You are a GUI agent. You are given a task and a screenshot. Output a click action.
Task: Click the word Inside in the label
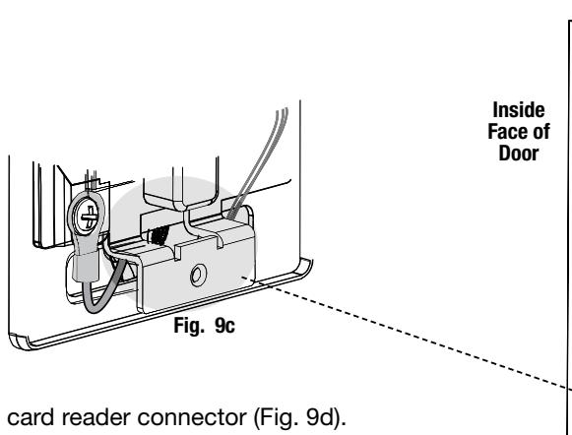point(519,110)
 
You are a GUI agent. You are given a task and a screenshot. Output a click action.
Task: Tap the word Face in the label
point(508,132)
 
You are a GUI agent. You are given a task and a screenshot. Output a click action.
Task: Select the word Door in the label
point(519,154)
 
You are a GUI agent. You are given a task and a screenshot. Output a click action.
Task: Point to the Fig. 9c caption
point(205,325)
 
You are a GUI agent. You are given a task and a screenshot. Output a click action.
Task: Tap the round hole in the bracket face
point(198,276)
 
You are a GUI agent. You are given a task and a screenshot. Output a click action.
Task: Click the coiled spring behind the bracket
point(159,234)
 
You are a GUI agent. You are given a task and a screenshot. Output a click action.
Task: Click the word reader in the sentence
point(96,417)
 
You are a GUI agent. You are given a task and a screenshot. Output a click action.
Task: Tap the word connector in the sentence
point(192,417)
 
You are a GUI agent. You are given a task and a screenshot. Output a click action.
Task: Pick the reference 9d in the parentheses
point(320,417)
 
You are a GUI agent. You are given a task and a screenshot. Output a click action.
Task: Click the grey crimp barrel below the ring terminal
point(86,267)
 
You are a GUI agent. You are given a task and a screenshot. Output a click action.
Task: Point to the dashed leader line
point(406,333)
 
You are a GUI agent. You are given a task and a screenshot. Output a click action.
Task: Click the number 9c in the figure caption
point(224,325)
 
